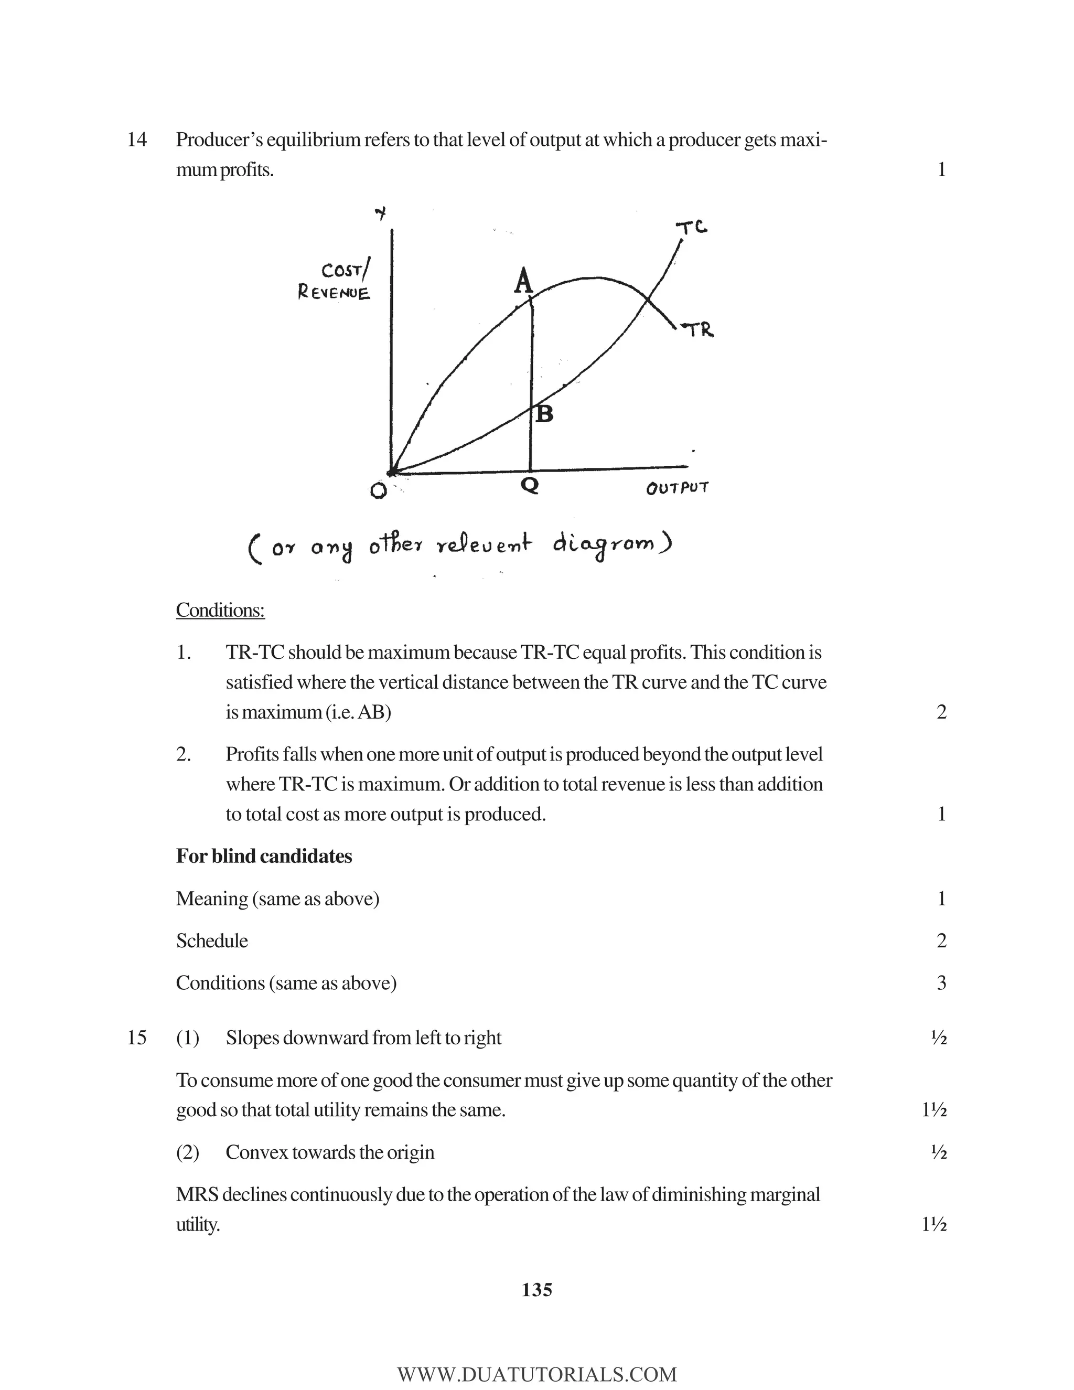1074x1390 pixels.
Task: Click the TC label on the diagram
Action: pos(692,227)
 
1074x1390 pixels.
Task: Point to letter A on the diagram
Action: pos(523,281)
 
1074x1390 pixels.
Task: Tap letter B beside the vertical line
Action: pos(545,414)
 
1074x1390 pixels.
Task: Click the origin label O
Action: pos(378,491)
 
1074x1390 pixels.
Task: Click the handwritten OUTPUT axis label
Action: pos(677,489)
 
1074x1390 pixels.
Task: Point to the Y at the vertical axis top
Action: pos(381,215)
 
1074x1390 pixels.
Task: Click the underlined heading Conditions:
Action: pos(220,611)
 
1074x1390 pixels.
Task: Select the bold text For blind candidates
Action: pos(263,856)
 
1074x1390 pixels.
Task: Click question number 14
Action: pos(137,140)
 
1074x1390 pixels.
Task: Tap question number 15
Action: pos(137,1038)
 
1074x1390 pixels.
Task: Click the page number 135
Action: pos(536,1290)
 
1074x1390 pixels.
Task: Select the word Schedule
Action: pos(212,940)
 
